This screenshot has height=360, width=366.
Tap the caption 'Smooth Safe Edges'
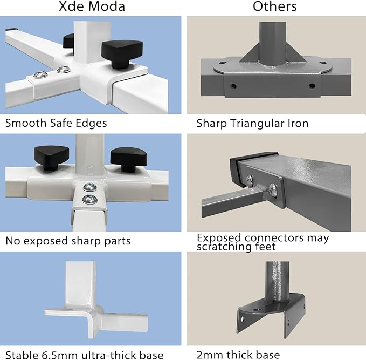(56, 123)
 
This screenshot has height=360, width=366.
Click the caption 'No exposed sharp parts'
(68, 241)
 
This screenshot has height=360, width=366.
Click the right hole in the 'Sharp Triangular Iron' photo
(311, 85)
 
